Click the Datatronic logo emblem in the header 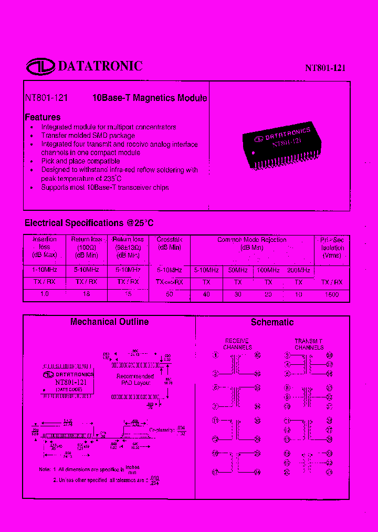pyautogui.click(x=40, y=66)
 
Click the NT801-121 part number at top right pyautogui.click(x=325, y=68)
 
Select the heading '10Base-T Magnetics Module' pyautogui.click(x=150, y=98)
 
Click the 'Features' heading pyautogui.click(x=43, y=117)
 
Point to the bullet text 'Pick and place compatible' pyautogui.click(x=80, y=161)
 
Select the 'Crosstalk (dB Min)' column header pyautogui.click(x=169, y=243)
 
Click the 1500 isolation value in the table pyautogui.click(x=331, y=294)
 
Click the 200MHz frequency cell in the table pyautogui.click(x=298, y=270)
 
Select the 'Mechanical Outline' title pyautogui.click(x=109, y=322)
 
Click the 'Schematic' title pyautogui.click(x=272, y=322)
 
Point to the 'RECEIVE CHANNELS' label pyautogui.click(x=237, y=344)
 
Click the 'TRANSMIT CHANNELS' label pyautogui.click(x=309, y=344)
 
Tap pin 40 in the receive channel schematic pyautogui.click(x=257, y=355)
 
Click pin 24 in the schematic pyautogui.click(x=257, y=472)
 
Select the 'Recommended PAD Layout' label pyautogui.click(x=135, y=379)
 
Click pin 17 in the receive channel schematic pyautogui.click(x=215, y=472)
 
